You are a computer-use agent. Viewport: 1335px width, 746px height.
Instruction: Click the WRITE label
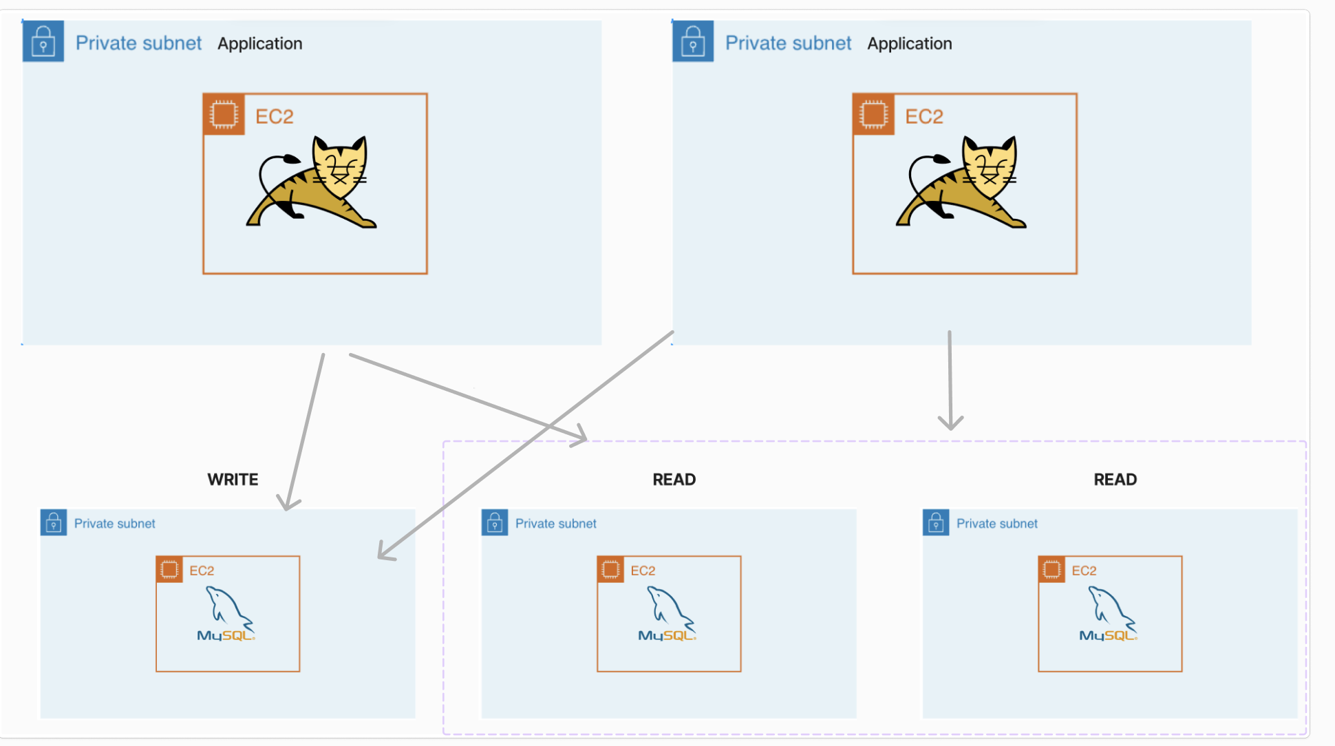233,480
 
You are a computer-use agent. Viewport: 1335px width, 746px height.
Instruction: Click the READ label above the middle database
674,480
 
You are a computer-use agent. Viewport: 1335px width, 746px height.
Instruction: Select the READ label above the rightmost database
1115,480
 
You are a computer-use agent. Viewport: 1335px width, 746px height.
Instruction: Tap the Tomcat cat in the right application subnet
961,182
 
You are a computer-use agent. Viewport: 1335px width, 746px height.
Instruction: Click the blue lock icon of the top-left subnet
43,41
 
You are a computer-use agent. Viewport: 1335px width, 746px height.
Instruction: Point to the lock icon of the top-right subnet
693,41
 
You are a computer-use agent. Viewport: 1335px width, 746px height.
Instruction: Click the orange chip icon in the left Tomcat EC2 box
224,114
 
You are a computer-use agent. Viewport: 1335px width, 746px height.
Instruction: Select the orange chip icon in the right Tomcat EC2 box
873,114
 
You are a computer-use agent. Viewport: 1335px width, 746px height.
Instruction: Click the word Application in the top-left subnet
260,43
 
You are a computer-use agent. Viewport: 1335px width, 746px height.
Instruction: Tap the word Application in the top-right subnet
910,43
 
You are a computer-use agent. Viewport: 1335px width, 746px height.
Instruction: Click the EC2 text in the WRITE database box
202,571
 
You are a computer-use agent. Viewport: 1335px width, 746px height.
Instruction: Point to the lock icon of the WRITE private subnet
54,522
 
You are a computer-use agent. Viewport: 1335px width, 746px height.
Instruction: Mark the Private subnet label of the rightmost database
996,524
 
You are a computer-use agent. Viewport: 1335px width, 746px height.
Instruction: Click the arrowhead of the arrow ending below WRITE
288,503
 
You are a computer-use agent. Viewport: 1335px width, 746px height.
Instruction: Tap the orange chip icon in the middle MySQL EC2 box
610,569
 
